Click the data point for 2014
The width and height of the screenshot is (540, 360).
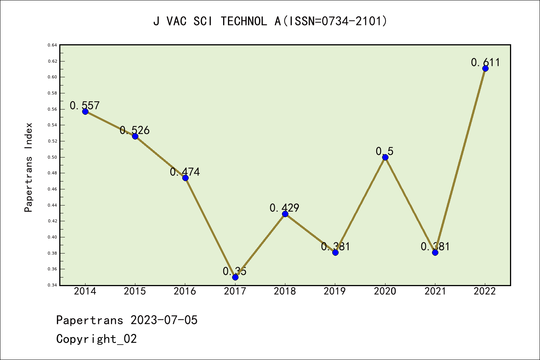[x=85, y=111]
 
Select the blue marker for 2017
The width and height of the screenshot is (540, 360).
[x=235, y=277]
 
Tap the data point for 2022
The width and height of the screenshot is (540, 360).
[x=485, y=68]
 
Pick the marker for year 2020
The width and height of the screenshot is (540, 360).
[x=385, y=157]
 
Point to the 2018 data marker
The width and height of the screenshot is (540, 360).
[x=285, y=214]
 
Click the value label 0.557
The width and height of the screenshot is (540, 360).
[x=85, y=105]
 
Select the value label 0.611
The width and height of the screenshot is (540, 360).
[x=485, y=62]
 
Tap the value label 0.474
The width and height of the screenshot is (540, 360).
[x=185, y=172]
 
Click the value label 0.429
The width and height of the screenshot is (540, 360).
[x=285, y=208]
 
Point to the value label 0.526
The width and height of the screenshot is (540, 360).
[x=135, y=130]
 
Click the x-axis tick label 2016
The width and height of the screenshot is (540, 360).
[x=185, y=291]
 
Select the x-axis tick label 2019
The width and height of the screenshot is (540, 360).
[x=335, y=291]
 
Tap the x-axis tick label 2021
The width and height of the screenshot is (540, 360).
[x=435, y=291]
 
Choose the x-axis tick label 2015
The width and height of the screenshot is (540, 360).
[x=135, y=291]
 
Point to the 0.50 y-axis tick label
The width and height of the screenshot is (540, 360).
[x=52, y=157]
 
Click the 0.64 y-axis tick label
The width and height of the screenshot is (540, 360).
[x=52, y=45]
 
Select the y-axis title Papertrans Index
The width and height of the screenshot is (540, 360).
[x=28, y=167]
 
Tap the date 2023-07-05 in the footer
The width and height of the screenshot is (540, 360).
[x=164, y=320]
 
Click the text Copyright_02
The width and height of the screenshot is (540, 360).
[x=96, y=339]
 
